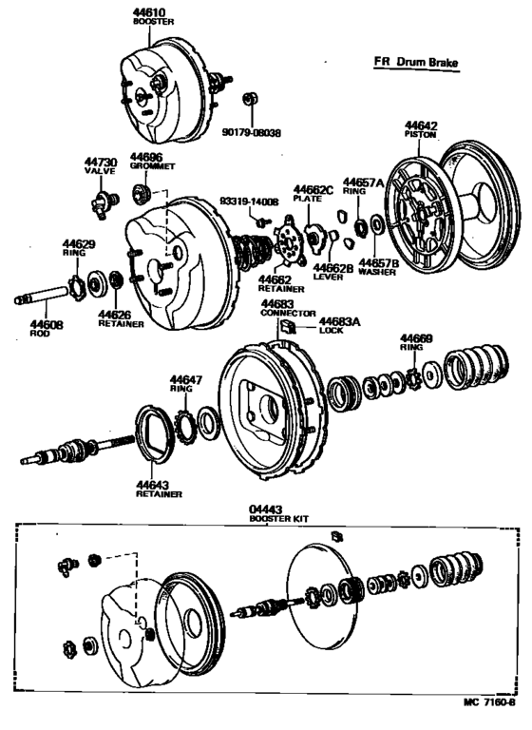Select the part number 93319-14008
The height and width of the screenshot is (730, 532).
[248, 202]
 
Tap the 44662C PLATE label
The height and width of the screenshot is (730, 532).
[313, 194]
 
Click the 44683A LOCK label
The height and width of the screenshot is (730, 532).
[340, 326]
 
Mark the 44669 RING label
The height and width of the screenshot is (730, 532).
[416, 342]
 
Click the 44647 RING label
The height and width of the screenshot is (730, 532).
[186, 383]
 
